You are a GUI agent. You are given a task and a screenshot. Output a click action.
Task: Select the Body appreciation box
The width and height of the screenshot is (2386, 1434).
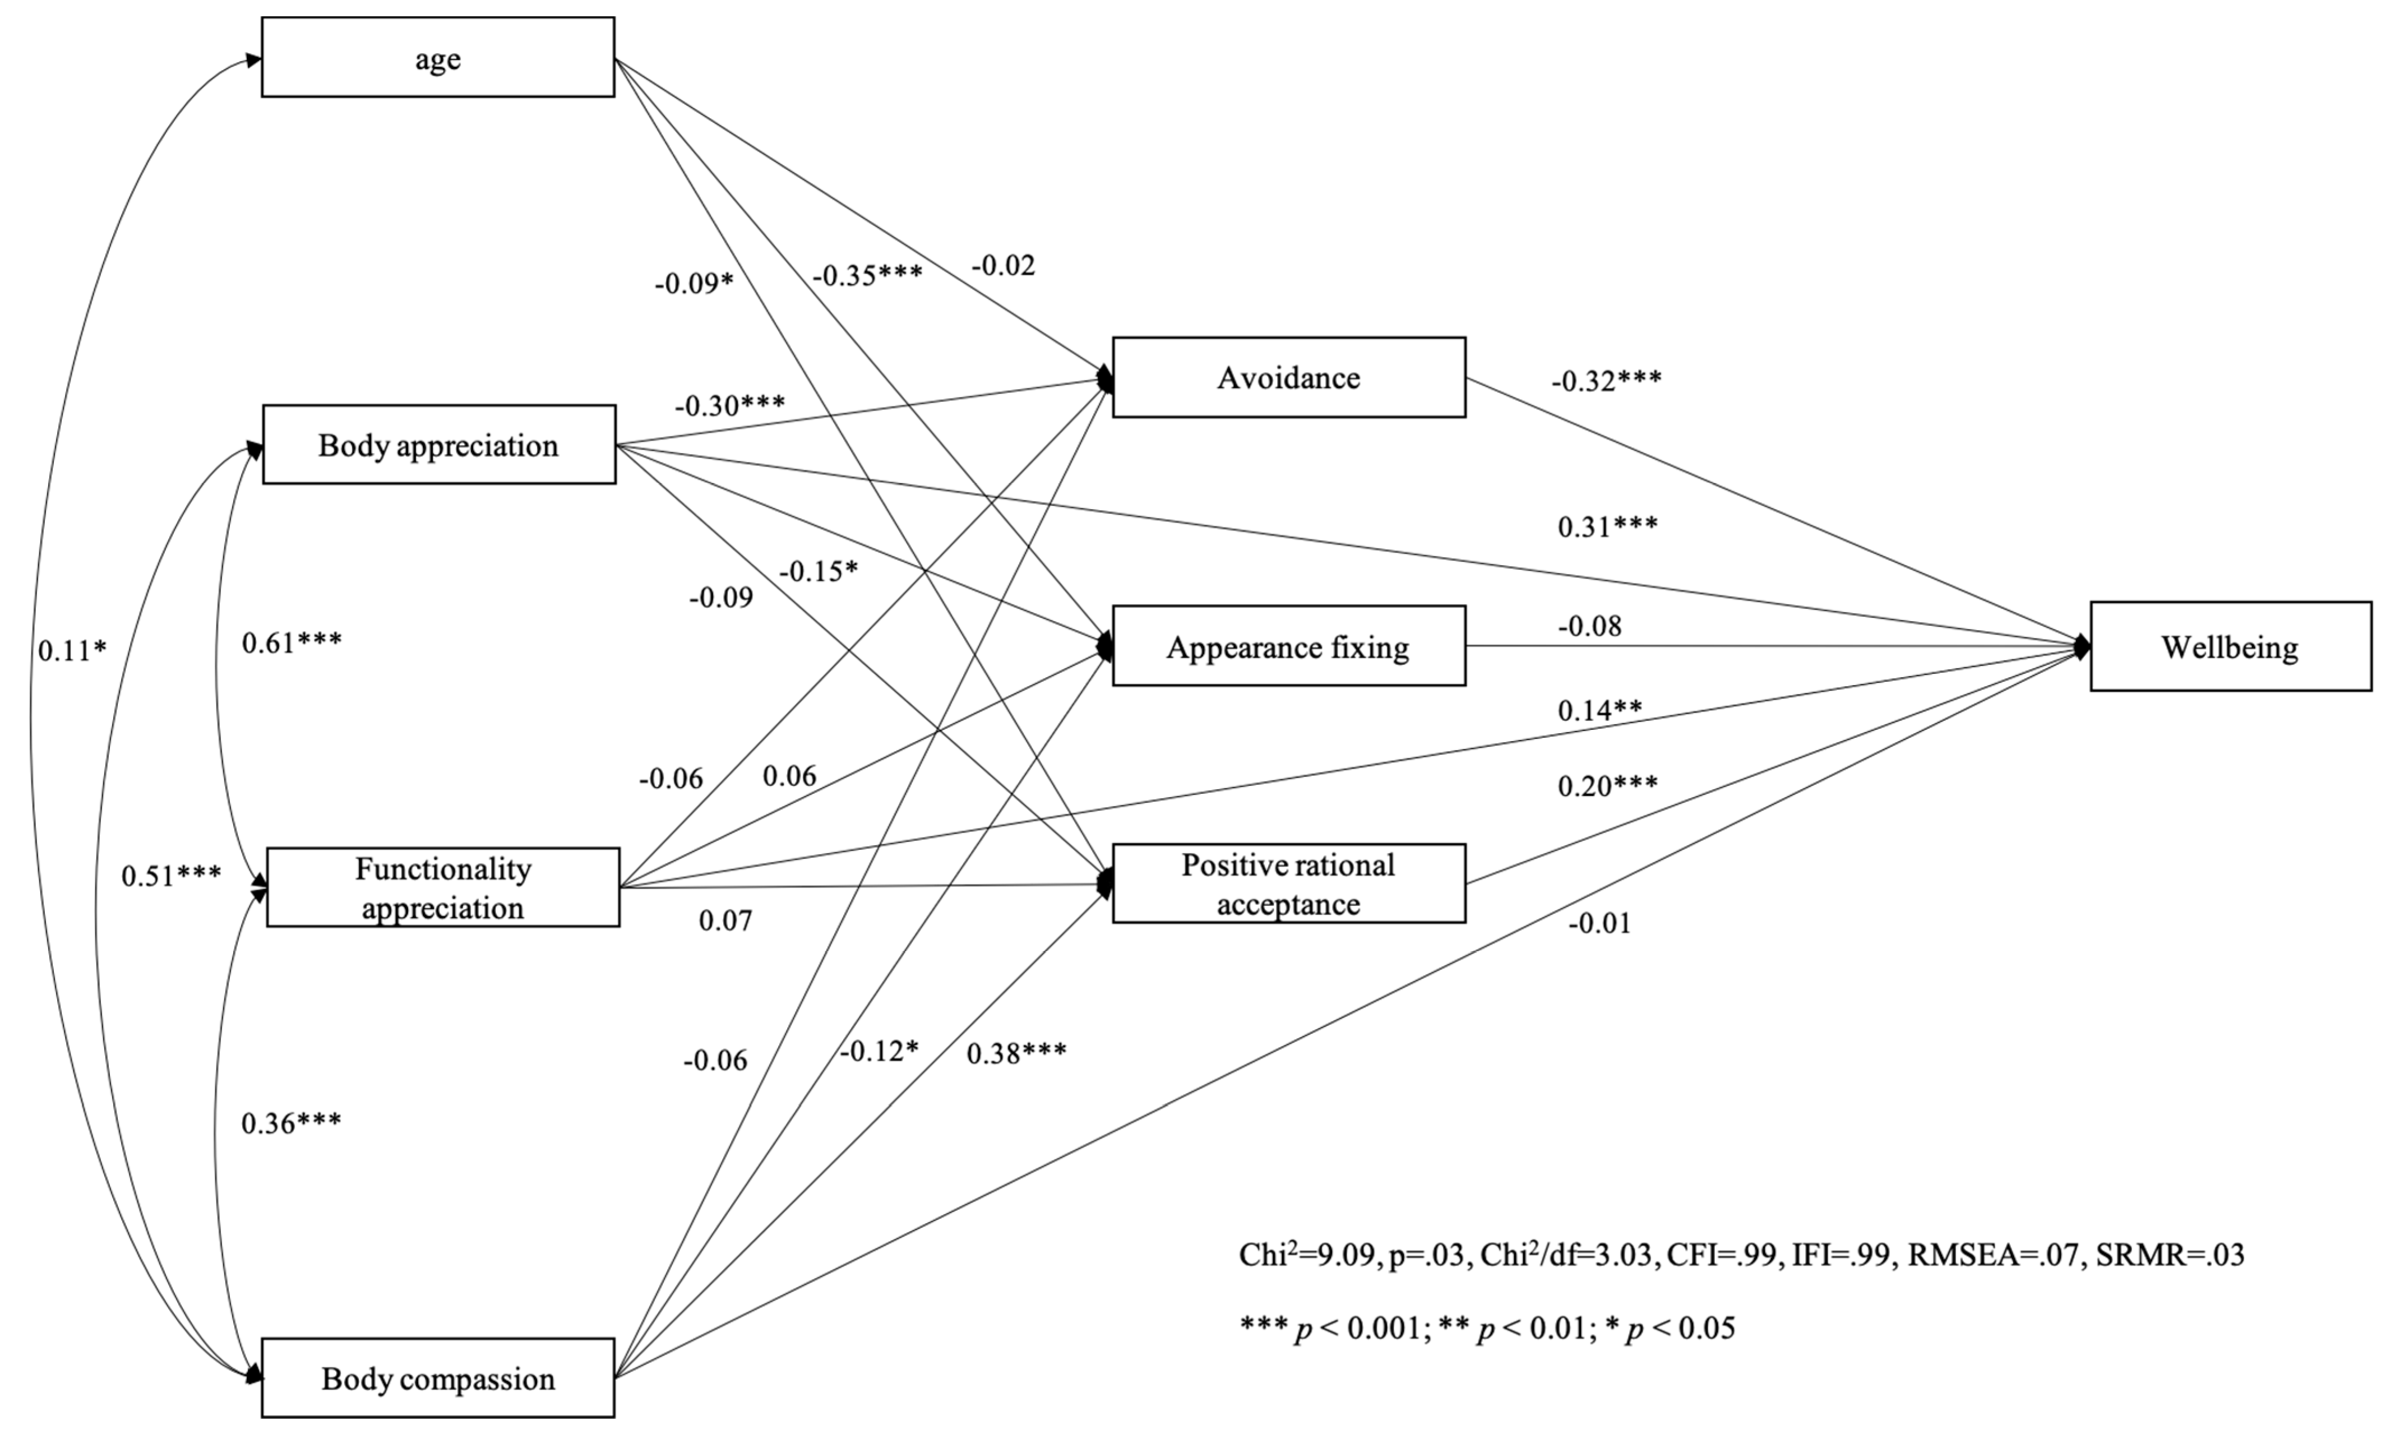click(x=439, y=445)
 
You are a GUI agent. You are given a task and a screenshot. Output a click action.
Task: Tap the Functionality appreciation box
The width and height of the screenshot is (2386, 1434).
click(x=442, y=887)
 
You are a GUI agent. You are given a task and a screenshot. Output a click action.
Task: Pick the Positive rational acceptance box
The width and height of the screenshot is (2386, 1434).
click(x=1288, y=883)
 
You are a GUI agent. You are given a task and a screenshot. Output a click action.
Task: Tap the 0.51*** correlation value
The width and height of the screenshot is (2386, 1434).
click(x=171, y=876)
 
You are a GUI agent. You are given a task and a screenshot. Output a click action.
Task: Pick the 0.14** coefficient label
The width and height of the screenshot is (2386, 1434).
click(x=1599, y=710)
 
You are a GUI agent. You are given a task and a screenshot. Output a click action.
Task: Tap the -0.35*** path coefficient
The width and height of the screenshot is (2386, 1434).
click(x=867, y=275)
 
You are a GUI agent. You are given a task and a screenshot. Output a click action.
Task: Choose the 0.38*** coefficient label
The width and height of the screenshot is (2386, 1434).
click(x=1016, y=1053)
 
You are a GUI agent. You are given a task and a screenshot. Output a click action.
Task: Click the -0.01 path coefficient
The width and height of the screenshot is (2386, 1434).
click(x=1599, y=924)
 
